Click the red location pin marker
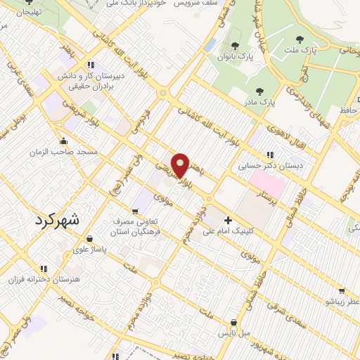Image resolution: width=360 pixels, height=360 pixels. click(181, 165)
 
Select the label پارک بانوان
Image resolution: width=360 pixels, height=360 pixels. click(234, 54)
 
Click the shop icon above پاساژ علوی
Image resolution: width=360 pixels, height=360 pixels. click(80, 237)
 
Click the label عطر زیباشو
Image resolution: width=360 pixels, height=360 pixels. click(342, 301)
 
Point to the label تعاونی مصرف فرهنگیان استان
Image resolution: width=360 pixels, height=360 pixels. click(137, 226)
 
